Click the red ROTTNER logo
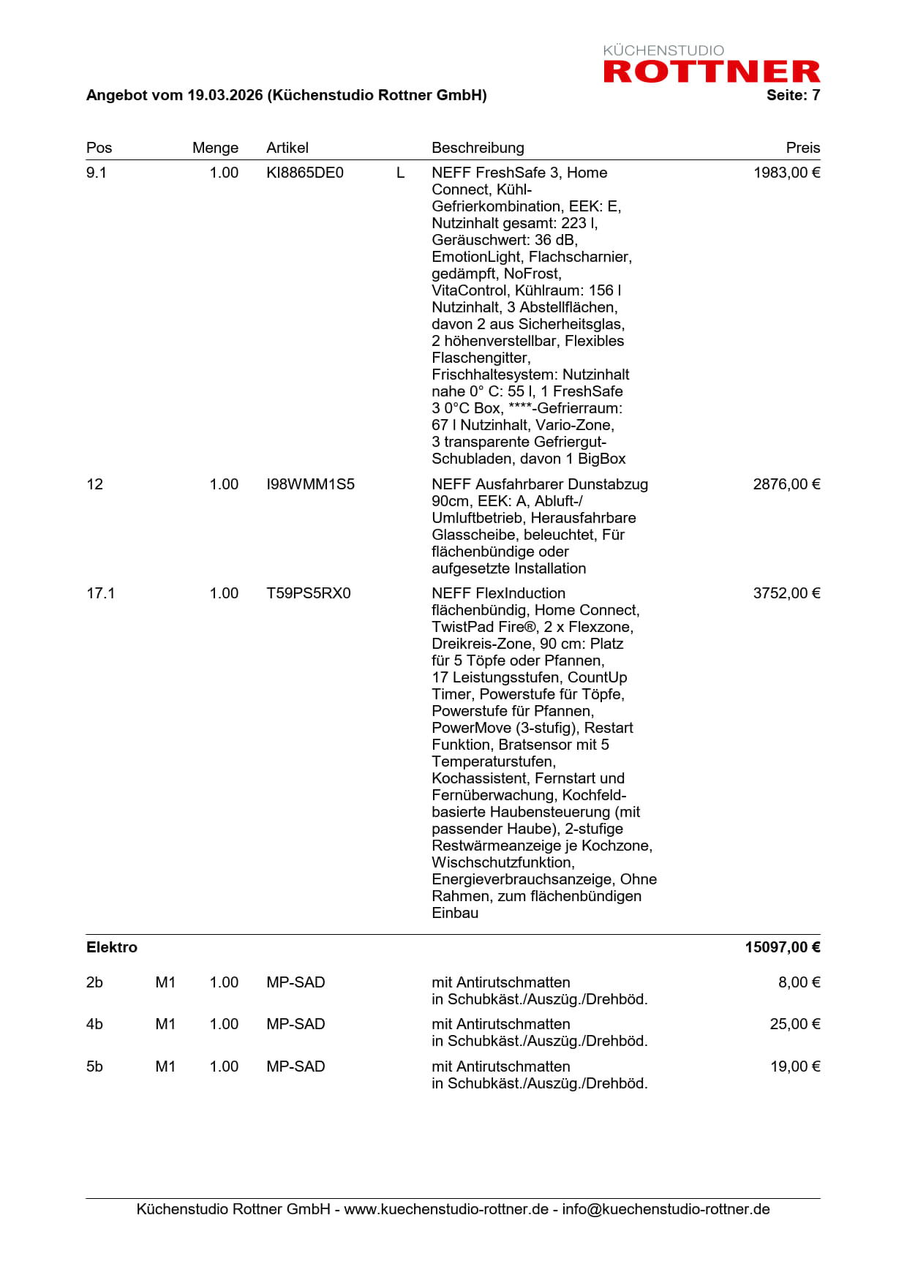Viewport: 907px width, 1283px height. coord(711,71)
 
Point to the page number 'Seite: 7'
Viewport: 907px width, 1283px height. coord(793,95)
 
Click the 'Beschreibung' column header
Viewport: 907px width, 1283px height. coord(478,148)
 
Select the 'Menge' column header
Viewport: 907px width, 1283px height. coord(215,148)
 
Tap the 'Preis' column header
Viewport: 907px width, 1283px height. coord(802,148)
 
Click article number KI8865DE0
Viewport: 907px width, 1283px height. coord(304,173)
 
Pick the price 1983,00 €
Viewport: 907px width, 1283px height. coord(786,173)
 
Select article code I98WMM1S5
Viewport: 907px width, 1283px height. coord(310,484)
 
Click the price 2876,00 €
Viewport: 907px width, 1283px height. coord(786,484)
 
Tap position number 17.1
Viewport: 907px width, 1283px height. coord(100,593)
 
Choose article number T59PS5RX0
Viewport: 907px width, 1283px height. coord(308,593)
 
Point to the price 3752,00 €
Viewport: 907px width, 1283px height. coord(786,593)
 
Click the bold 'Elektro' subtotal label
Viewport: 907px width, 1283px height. coord(111,947)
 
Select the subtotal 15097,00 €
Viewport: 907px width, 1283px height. coord(782,947)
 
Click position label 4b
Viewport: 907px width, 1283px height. coord(94,1024)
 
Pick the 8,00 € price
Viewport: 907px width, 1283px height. coord(799,982)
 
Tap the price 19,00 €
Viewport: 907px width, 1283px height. coord(795,1066)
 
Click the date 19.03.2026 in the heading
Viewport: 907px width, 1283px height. coord(225,95)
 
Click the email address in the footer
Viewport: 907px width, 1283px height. coord(666,1209)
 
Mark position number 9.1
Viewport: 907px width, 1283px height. coord(96,173)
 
